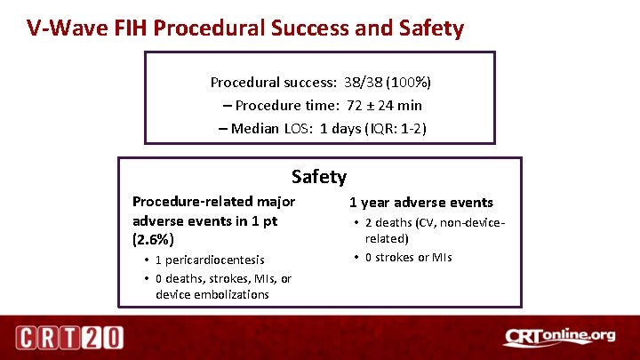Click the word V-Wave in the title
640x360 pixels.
coord(59,28)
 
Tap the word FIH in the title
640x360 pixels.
coord(126,28)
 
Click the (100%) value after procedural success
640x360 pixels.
coord(413,83)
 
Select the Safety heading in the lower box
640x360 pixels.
coord(319,177)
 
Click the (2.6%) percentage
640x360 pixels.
coord(153,240)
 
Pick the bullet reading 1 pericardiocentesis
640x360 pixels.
coord(209,260)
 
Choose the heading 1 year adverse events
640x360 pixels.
coord(420,203)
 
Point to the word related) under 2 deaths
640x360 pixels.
coord(387,238)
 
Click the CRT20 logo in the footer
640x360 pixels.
coord(69,339)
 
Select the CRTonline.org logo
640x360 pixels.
coord(558,337)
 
